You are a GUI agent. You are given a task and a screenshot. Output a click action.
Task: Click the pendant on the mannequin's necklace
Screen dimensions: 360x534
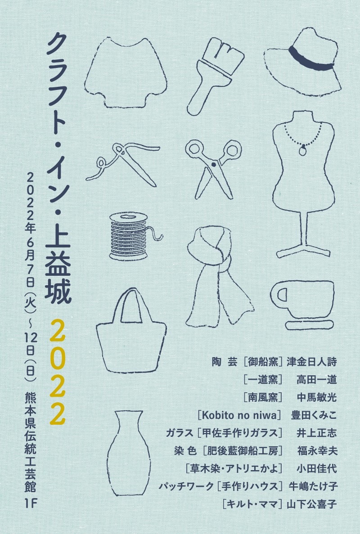point(302,150)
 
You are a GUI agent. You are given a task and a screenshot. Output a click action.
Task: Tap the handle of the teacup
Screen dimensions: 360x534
point(280,295)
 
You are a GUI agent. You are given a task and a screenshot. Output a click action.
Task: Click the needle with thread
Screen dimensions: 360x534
point(122,163)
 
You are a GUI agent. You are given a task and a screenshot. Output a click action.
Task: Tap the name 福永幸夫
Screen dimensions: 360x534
point(317,451)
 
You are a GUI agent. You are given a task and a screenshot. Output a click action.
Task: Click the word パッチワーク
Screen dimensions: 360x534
point(186,486)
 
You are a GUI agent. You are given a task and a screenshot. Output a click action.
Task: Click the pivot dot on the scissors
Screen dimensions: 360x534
point(214,165)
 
